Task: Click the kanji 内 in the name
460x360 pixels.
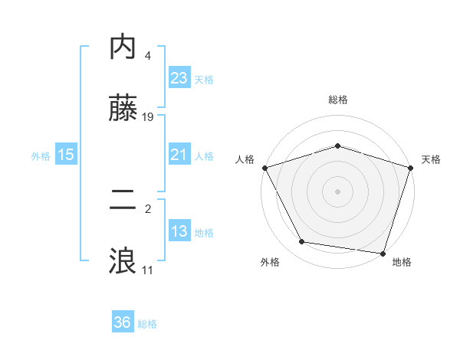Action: click(123, 47)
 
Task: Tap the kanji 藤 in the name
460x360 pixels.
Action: click(123, 109)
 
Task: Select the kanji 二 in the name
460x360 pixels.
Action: click(123, 201)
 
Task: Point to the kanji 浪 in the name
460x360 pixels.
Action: click(123, 262)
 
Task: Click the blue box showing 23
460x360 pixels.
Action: click(179, 77)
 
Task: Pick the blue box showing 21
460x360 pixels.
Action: click(179, 155)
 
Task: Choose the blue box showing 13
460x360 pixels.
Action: click(179, 231)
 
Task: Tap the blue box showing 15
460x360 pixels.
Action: click(65, 155)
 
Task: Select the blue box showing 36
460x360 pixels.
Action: click(123, 322)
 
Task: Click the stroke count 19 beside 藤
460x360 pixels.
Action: click(148, 117)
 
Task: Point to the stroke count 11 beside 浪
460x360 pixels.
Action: click(147, 270)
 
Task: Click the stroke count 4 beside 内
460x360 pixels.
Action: click(147, 56)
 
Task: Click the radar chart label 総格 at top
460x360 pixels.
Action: click(337, 100)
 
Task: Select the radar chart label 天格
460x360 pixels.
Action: click(431, 159)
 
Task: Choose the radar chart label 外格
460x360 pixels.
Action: click(270, 262)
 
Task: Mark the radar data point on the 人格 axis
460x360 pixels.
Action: click(264, 168)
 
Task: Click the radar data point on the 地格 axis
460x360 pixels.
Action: click(383, 253)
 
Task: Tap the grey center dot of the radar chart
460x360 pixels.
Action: click(337, 191)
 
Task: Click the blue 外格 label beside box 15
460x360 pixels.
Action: click(41, 155)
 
